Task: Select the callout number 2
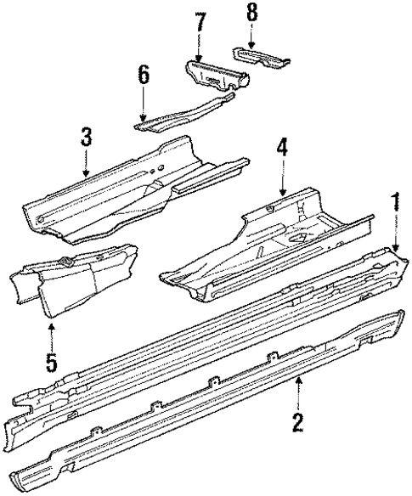pos(298,421)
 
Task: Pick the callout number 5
pos(52,362)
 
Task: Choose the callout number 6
pos(144,75)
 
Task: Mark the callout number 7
pos(200,22)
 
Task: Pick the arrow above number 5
pos(52,333)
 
